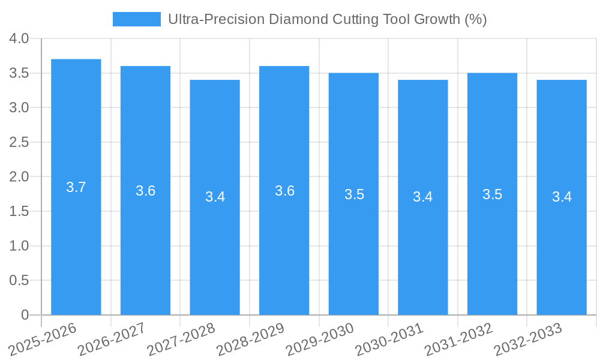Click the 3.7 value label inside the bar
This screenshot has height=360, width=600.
pos(76,187)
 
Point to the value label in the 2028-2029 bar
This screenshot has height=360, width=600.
pos(284,191)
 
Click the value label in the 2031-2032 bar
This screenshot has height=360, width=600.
pos(492,194)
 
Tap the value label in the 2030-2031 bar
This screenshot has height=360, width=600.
pos(423,197)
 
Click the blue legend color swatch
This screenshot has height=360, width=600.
pos(137,19)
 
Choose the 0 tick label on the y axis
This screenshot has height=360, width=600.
pos(25,315)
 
